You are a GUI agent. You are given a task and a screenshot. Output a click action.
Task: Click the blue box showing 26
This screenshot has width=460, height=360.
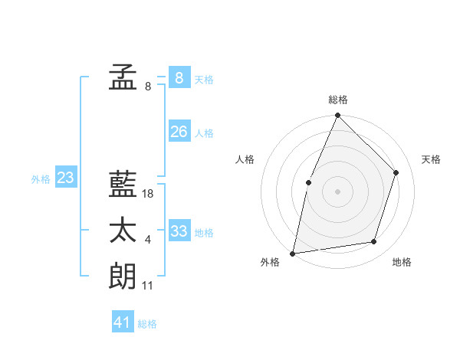point(179,132)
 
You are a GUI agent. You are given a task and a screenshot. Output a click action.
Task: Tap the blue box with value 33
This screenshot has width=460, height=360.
point(179,231)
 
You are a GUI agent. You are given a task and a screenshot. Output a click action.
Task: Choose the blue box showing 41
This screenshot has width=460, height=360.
point(123,322)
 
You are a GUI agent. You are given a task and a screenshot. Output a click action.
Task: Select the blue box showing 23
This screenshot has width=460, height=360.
point(65,178)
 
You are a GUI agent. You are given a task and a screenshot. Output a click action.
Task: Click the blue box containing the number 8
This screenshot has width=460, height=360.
point(179,77)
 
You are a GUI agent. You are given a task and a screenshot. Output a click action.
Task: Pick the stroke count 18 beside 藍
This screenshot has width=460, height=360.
point(148,194)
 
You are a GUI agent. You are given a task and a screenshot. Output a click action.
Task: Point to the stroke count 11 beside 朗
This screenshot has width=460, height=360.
point(148,286)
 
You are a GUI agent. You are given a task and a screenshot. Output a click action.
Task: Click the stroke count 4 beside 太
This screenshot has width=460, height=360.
point(148,240)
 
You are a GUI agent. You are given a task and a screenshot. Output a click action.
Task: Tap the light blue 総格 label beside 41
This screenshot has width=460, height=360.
point(147,324)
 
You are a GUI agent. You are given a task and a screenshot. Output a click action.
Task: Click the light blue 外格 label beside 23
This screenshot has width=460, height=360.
point(41,179)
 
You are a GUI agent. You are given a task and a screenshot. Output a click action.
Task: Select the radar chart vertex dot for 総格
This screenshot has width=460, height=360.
point(337,116)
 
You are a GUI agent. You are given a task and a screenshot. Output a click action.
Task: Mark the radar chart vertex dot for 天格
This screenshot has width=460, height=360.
point(396,172)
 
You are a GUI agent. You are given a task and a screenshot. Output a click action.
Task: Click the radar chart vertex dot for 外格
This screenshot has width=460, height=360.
point(293,253)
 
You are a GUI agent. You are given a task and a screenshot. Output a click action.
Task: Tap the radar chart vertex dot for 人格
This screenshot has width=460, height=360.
point(308,182)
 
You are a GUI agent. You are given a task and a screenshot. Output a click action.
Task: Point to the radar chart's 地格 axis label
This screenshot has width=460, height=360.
point(402,262)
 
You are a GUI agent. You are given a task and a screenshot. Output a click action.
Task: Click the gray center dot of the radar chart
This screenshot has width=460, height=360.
point(337,191)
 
